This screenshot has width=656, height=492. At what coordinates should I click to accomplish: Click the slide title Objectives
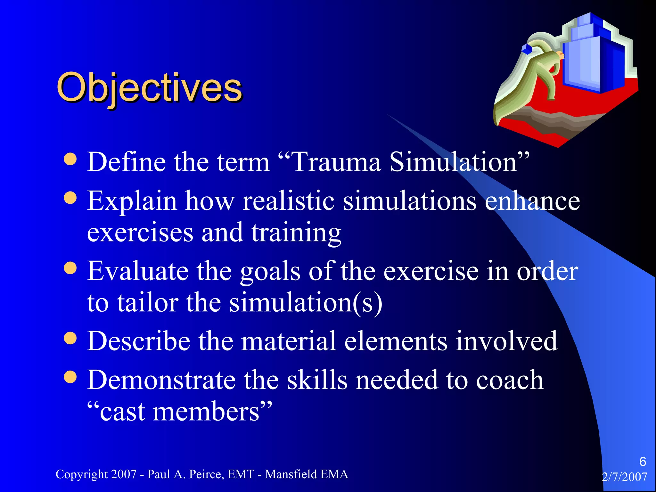(x=149, y=87)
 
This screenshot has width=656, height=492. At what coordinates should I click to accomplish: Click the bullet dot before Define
(x=70, y=159)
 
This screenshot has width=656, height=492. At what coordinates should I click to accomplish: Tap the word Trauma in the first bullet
(x=336, y=162)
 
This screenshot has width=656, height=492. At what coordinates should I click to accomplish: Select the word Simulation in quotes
(x=453, y=162)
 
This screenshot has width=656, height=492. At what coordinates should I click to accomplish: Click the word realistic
(x=289, y=201)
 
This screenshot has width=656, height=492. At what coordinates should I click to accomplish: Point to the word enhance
(x=532, y=201)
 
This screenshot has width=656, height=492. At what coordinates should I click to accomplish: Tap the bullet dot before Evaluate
(x=70, y=268)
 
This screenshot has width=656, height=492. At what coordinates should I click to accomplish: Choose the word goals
(x=270, y=271)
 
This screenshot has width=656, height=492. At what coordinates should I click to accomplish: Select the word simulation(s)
(x=306, y=303)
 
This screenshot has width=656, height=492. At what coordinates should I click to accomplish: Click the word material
(x=289, y=341)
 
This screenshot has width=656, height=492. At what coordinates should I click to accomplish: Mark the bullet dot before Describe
(x=70, y=338)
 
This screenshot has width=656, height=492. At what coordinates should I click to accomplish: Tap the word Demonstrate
(x=161, y=380)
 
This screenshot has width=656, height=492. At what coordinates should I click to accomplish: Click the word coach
(x=510, y=380)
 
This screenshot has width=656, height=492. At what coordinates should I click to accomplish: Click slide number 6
(x=643, y=462)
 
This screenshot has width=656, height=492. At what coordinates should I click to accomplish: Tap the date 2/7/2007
(x=624, y=477)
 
